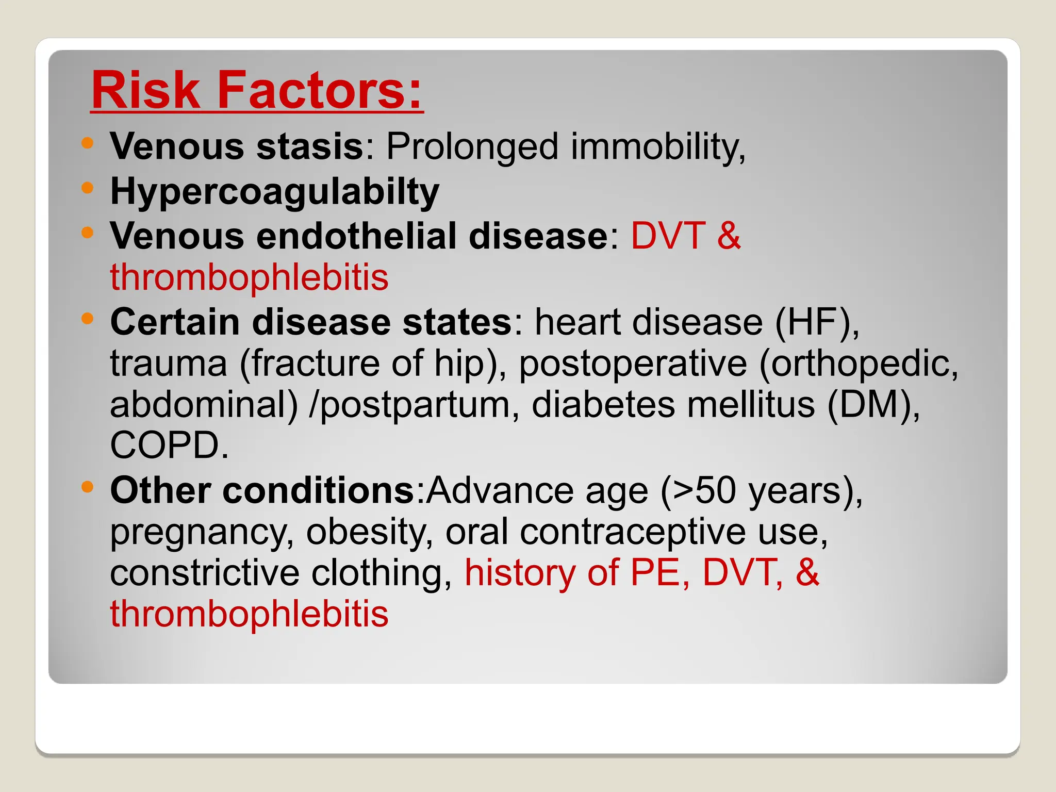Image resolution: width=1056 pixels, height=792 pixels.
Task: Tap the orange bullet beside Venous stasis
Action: tap(88, 143)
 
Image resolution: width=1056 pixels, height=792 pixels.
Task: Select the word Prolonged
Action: tap(472, 147)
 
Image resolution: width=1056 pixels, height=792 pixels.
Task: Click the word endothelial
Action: tap(356, 236)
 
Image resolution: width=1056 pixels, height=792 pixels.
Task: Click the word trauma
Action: tap(169, 364)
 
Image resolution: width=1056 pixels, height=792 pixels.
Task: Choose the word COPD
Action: tap(169, 445)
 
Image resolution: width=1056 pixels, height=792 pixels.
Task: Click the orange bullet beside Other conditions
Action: tap(88, 486)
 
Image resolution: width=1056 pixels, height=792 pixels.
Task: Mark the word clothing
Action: tap(382, 573)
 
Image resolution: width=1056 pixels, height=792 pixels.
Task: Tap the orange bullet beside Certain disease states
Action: tap(88, 318)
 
